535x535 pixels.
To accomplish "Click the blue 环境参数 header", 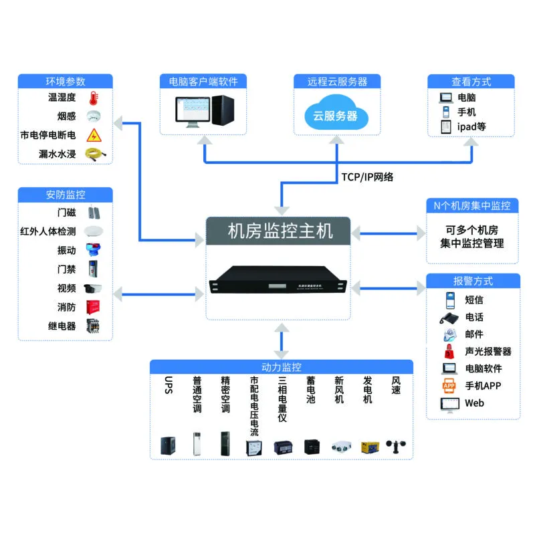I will click(x=65, y=82).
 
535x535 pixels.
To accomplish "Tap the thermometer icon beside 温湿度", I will click(x=93, y=98).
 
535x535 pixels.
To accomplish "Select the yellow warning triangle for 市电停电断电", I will click(x=94, y=135).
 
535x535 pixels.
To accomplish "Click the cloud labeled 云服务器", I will click(x=335, y=114).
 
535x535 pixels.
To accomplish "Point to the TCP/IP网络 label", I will click(x=367, y=177).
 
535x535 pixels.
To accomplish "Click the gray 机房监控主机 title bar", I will click(x=278, y=231).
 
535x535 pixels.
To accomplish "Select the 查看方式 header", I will click(x=471, y=82).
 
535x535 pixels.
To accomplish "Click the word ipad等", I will click(x=471, y=126).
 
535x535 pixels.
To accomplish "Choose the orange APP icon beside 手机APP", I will click(x=449, y=386).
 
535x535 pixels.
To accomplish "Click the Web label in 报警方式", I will click(x=474, y=403).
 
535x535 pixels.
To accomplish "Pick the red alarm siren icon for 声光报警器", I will click(x=449, y=351).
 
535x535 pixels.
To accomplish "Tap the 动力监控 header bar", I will click(x=281, y=367).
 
